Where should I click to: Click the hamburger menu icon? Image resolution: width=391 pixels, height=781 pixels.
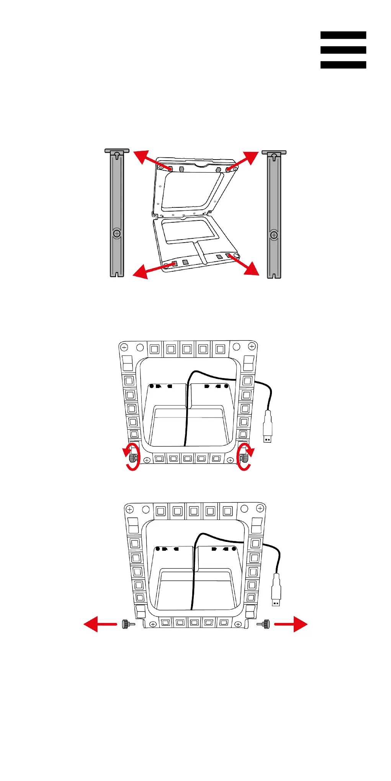click(343, 50)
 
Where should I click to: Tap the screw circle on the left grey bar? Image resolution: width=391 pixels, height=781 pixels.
click(117, 233)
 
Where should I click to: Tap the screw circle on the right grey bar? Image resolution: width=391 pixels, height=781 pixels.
click(274, 235)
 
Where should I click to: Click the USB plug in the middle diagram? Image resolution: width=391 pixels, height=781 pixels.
click(268, 427)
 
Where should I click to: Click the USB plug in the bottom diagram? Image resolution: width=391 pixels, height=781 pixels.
click(276, 590)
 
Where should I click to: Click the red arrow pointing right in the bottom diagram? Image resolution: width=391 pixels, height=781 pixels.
click(291, 624)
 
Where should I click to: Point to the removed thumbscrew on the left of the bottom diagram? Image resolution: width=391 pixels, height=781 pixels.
click(128, 624)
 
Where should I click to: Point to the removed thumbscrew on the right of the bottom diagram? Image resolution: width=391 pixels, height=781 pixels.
click(264, 624)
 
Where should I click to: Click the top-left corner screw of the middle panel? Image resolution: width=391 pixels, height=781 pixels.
click(124, 347)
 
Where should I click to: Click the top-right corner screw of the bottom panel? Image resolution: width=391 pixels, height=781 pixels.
click(260, 509)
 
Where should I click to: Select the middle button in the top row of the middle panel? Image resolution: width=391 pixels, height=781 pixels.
click(187, 349)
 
